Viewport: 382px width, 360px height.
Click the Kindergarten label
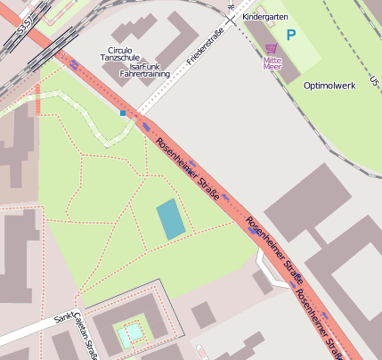point(265,16)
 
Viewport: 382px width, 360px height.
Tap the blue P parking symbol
point(290,36)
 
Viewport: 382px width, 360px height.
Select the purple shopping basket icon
point(272,49)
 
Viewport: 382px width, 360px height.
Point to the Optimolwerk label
point(330,86)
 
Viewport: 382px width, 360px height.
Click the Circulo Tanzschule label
point(118,53)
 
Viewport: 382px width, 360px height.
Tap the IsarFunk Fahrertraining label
point(150,70)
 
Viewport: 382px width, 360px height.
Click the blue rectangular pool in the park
point(170,219)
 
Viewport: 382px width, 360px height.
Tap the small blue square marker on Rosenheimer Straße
point(123,113)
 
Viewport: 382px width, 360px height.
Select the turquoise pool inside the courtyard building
point(130,335)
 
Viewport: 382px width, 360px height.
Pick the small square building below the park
point(203,315)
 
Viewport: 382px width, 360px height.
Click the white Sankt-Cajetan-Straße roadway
point(36,331)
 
